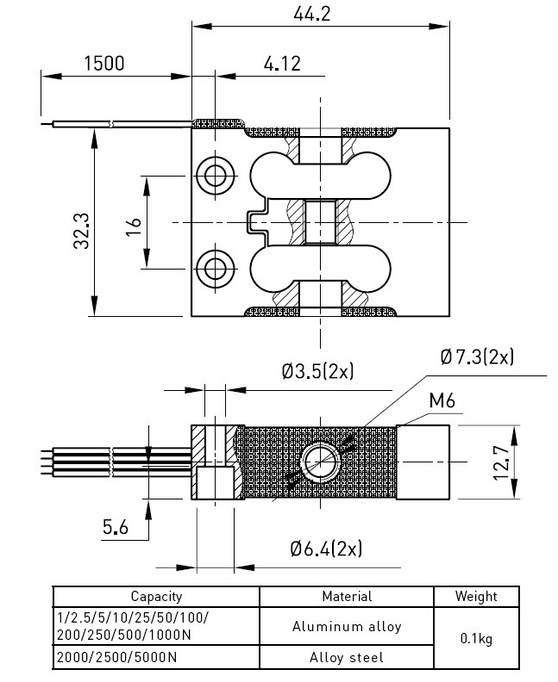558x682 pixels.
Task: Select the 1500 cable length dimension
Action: click(x=103, y=63)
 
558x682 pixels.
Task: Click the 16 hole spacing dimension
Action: click(x=133, y=226)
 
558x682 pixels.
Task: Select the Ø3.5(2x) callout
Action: click(x=317, y=372)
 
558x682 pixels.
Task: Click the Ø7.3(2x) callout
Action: click(x=476, y=356)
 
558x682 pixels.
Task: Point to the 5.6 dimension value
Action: click(x=115, y=527)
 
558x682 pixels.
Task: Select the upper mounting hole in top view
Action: click(x=214, y=175)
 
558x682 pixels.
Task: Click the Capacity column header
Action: click(x=156, y=596)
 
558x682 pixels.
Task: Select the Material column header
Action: click(x=347, y=596)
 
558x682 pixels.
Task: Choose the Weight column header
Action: click(x=476, y=596)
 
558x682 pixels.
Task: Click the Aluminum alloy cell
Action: click(x=347, y=627)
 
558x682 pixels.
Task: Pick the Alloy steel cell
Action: click(x=347, y=658)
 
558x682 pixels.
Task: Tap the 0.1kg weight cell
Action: click(x=476, y=638)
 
